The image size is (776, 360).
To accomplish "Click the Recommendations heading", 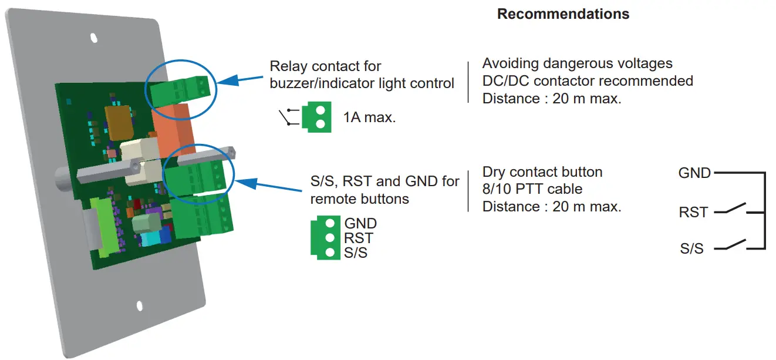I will coord(563,14).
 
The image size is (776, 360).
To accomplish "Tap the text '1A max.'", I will coord(369,117).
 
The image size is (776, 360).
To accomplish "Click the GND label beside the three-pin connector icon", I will coord(360,224).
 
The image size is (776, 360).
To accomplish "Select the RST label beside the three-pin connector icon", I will coord(359,238).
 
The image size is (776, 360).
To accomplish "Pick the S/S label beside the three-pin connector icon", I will coord(356,253).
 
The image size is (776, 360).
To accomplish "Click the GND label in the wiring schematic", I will coord(694,173).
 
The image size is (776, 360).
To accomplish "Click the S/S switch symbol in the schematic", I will coord(734,245).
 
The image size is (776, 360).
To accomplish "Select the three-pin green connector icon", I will coord(323,238).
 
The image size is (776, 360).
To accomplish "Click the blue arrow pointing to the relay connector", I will coord(241,80).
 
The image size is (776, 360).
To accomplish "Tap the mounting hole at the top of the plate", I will coord(94,38).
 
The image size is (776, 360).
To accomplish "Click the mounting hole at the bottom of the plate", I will coord(140,306).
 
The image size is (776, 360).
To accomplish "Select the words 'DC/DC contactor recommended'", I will coord(588,80).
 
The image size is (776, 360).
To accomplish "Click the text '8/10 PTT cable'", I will coord(532,190).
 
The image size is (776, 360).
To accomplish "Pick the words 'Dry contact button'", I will coord(542,172).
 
